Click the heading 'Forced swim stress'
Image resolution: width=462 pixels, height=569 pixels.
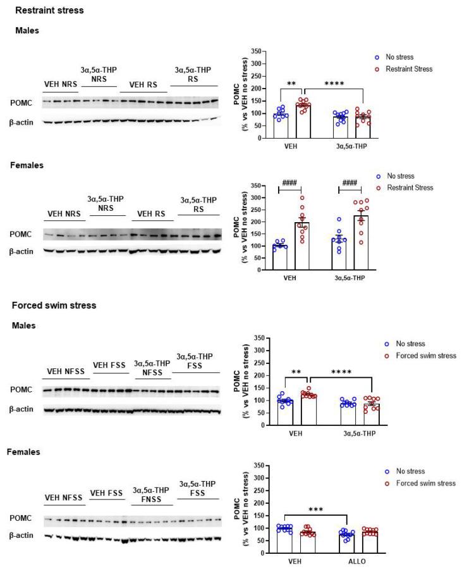pos(54,305)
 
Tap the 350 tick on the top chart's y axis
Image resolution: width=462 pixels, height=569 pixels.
pos(256,51)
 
